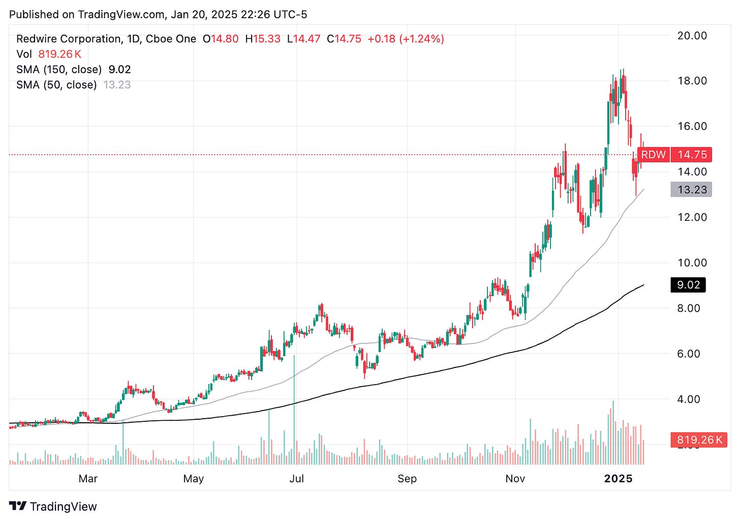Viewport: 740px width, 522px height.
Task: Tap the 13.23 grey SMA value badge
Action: click(x=691, y=190)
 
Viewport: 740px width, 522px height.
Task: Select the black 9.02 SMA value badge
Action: click(x=688, y=285)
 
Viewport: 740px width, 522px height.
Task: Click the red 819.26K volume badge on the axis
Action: click(x=699, y=440)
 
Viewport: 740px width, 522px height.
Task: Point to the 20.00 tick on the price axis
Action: click(x=692, y=36)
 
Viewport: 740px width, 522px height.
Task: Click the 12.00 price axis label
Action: click(x=692, y=217)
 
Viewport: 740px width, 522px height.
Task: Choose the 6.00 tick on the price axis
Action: click(x=688, y=354)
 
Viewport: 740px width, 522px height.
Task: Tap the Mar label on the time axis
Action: click(x=88, y=479)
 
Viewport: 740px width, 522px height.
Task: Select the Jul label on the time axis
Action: click(x=296, y=479)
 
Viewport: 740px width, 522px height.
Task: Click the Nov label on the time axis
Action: click(x=515, y=479)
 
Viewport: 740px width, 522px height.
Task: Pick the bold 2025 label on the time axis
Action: click(x=618, y=479)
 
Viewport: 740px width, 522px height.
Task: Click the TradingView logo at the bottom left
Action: click(x=53, y=506)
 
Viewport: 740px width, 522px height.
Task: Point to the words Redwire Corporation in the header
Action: click(x=69, y=39)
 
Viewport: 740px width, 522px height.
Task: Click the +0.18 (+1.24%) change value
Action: click(x=406, y=39)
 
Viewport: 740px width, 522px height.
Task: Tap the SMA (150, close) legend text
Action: click(x=58, y=70)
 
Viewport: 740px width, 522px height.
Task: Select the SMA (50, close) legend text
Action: click(x=56, y=85)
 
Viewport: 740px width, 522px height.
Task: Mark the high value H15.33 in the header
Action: click(x=262, y=39)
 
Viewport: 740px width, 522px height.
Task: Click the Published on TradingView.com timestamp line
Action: click(x=158, y=14)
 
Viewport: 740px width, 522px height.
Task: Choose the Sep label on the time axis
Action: click(x=407, y=479)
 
